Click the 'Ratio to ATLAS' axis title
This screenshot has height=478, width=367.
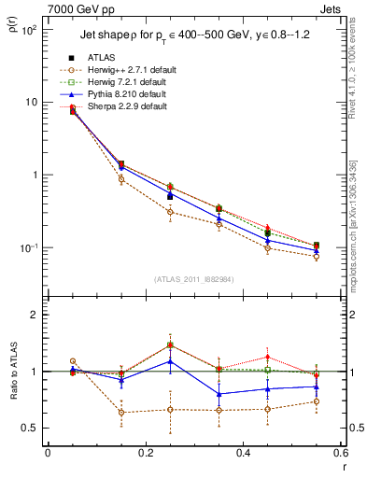coord(11,373)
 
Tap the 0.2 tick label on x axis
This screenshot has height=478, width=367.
coord(145,455)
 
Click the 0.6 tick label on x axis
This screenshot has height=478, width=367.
coord(340,455)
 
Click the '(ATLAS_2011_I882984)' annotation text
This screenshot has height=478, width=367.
coord(194,280)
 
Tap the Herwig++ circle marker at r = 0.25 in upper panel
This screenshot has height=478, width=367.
coord(170,212)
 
